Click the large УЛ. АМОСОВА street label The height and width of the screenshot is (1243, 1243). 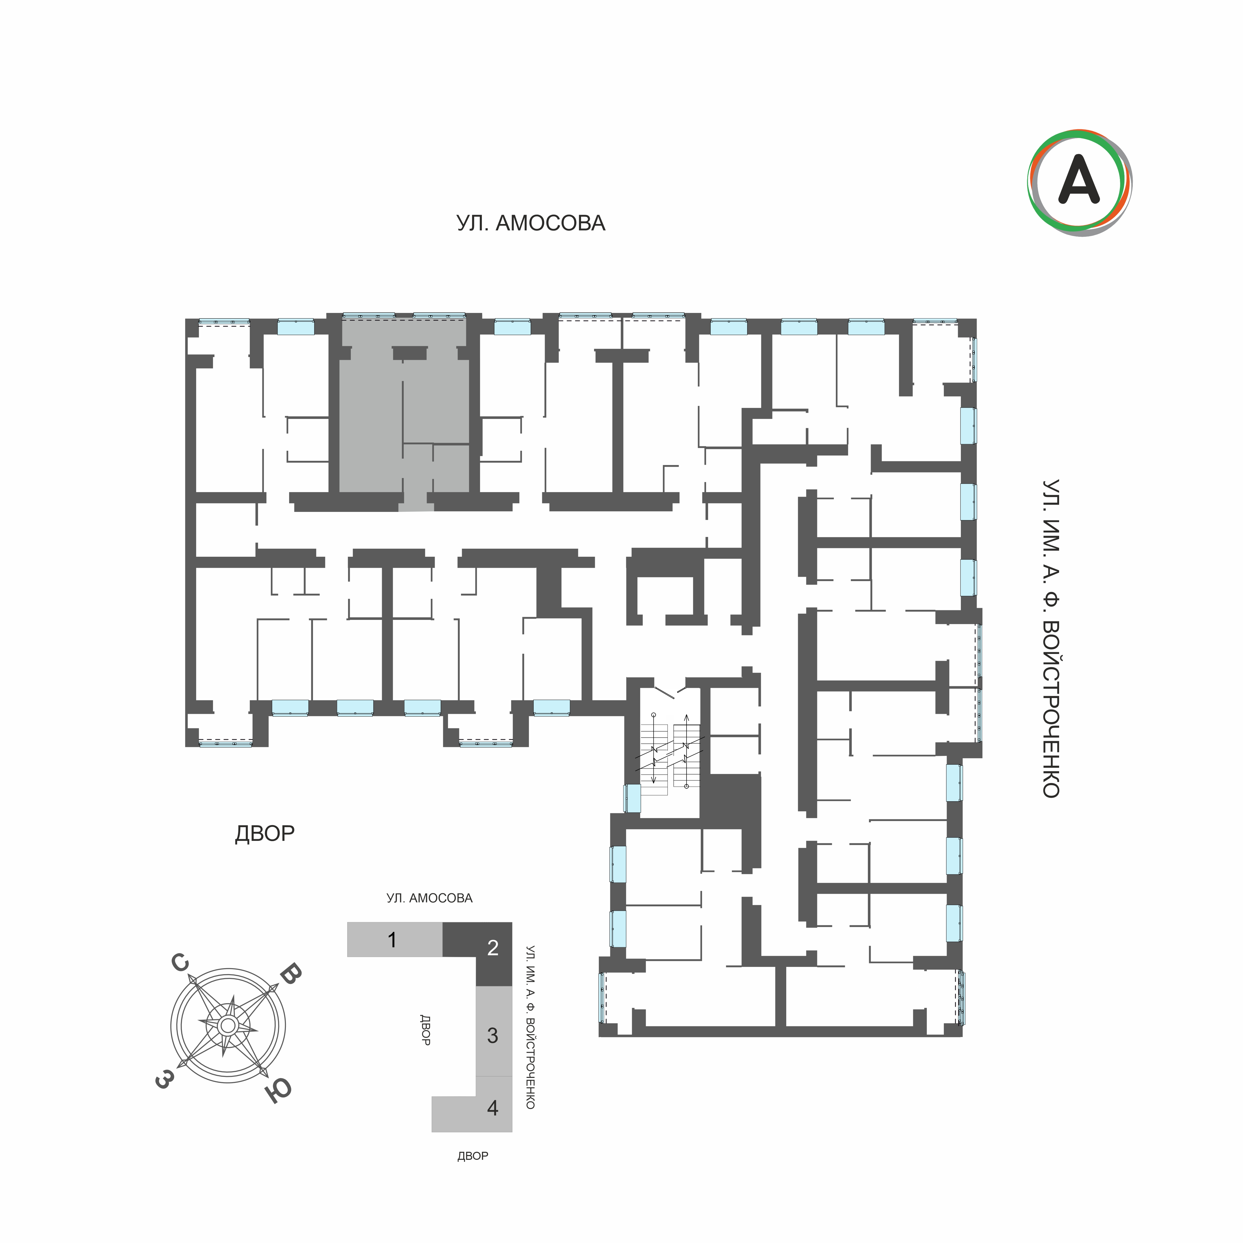531,223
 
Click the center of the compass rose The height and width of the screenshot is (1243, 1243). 228,1025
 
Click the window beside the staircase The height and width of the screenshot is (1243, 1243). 632,799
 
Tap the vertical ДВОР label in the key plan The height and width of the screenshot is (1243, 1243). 425,1030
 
